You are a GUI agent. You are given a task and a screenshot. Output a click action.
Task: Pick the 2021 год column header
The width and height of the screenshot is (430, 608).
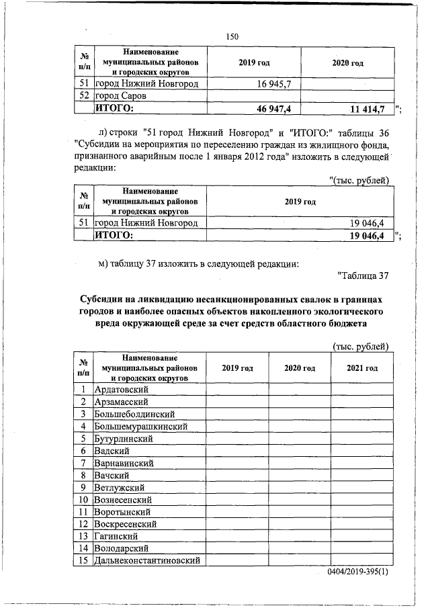362,368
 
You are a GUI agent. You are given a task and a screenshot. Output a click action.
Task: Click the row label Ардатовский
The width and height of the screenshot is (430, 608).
122,389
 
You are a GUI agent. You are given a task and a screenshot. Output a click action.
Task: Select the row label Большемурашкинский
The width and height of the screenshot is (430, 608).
140,426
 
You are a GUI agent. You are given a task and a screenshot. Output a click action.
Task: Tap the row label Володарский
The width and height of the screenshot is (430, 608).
123,549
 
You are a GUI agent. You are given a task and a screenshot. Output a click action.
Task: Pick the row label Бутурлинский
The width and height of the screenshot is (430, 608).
125,438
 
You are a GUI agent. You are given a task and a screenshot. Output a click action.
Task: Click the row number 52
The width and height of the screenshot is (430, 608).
84,96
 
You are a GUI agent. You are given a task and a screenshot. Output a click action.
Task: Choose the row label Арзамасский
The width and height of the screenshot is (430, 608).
122,402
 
